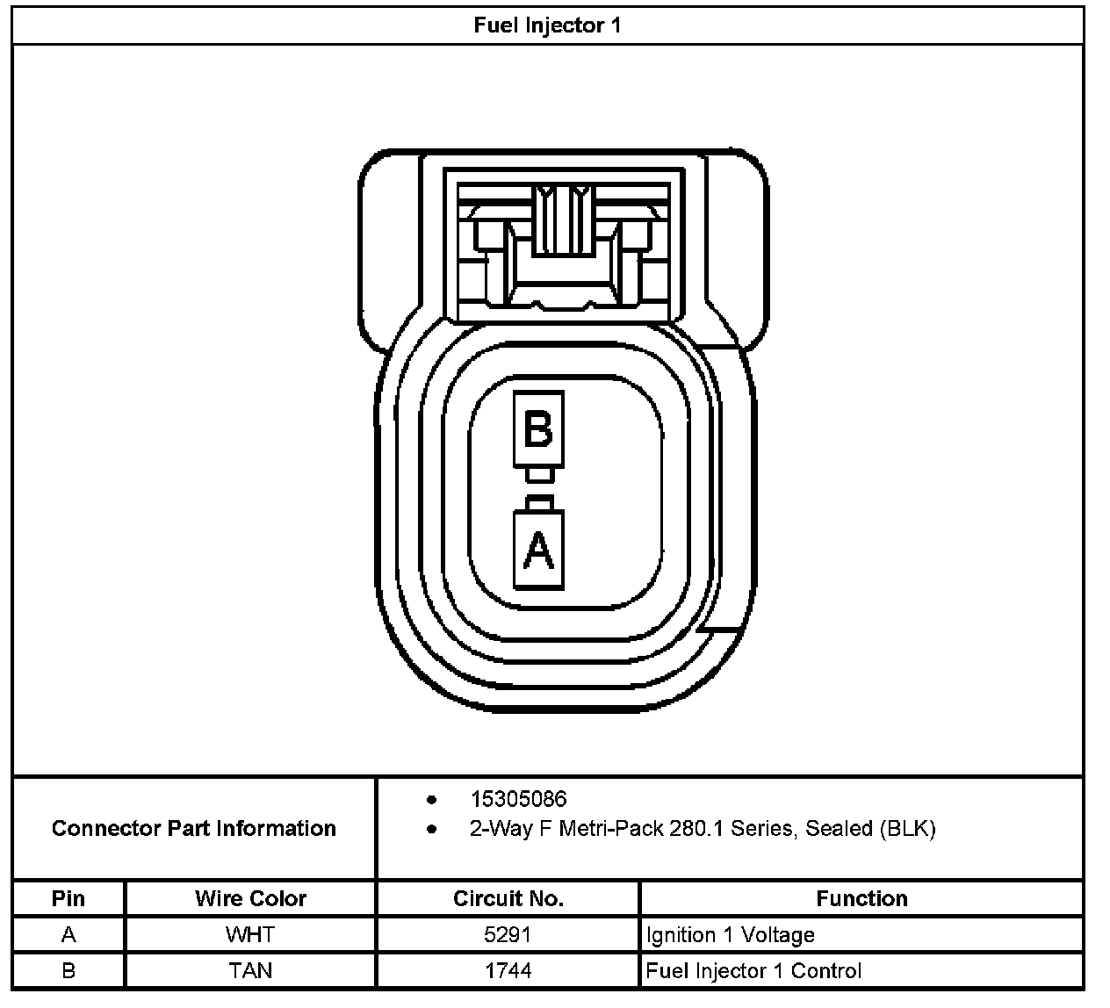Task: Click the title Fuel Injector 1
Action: click(x=547, y=25)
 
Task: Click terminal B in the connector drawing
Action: click(x=537, y=430)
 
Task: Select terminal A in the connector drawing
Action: click(x=537, y=551)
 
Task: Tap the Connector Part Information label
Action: click(x=194, y=828)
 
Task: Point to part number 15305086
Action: click(x=518, y=799)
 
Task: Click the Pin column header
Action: click(x=68, y=898)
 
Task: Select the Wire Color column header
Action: click(x=250, y=898)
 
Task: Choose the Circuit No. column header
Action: click(x=508, y=898)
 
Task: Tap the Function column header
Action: click(x=861, y=898)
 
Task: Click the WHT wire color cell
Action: click(x=250, y=935)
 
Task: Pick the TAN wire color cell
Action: click(x=250, y=970)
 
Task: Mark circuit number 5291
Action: click(x=508, y=935)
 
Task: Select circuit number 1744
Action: click(x=508, y=970)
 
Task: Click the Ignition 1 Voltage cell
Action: click(x=731, y=935)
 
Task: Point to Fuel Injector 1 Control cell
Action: click(x=753, y=970)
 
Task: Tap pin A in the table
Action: click(x=68, y=935)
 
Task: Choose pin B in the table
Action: click(x=68, y=970)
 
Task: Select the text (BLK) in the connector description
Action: click(x=907, y=828)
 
